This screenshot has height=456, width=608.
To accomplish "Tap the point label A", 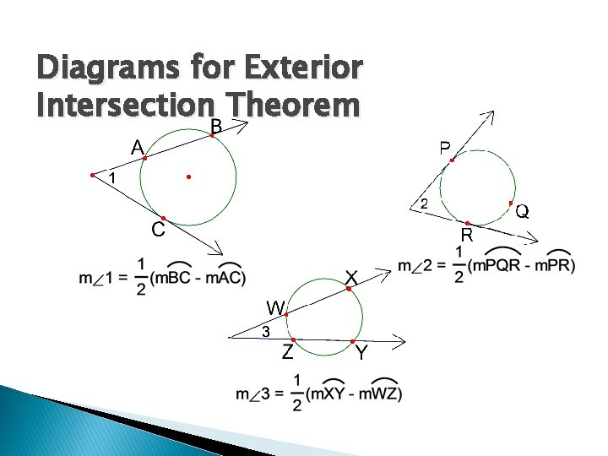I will click(137, 147).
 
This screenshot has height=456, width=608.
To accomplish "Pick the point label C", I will click(157, 230).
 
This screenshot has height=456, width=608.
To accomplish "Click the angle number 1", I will click(111, 177).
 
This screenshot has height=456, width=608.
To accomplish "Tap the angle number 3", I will click(264, 332).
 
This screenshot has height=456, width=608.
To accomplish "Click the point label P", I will click(443, 149).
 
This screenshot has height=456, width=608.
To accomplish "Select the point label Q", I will click(523, 211).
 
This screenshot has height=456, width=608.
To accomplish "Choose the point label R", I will click(465, 234).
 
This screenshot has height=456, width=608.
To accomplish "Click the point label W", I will click(276, 306).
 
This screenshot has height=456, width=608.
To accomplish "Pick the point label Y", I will click(361, 354).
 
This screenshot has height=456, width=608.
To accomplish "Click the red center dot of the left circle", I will click(188, 177).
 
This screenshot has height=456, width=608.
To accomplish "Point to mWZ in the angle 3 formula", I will click(379, 394).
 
